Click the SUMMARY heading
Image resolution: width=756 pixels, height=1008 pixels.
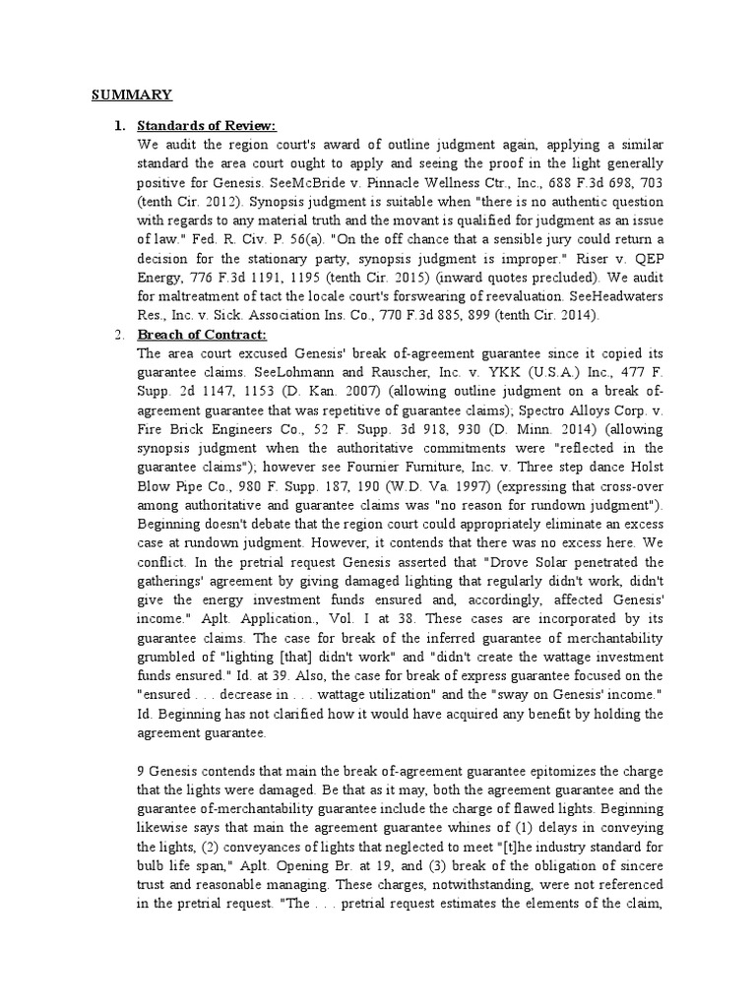[132, 94]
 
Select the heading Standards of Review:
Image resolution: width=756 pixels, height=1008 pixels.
[206, 126]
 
